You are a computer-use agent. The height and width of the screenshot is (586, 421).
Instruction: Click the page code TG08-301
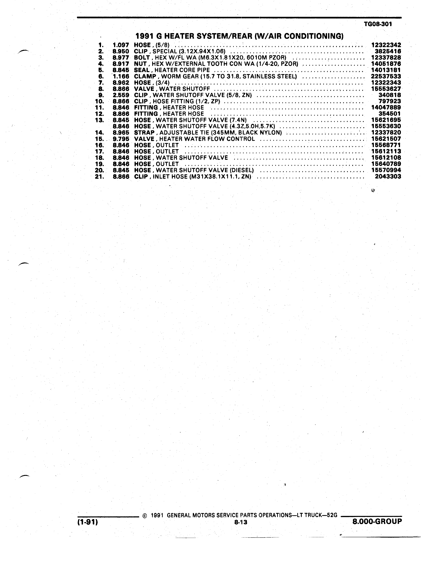click(378, 24)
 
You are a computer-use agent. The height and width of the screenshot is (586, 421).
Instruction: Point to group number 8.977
click(121, 58)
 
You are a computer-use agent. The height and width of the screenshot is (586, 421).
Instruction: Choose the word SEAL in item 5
click(142, 70)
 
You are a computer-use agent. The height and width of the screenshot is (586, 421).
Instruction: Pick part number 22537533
click(386, 76)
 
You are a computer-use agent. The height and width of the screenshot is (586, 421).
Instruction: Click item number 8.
click(101, 89)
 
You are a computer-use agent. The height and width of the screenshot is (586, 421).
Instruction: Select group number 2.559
click(121, 95)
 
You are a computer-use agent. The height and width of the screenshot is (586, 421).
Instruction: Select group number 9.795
click(121, 139)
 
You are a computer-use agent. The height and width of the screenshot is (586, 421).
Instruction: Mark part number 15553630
click(386, 126)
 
